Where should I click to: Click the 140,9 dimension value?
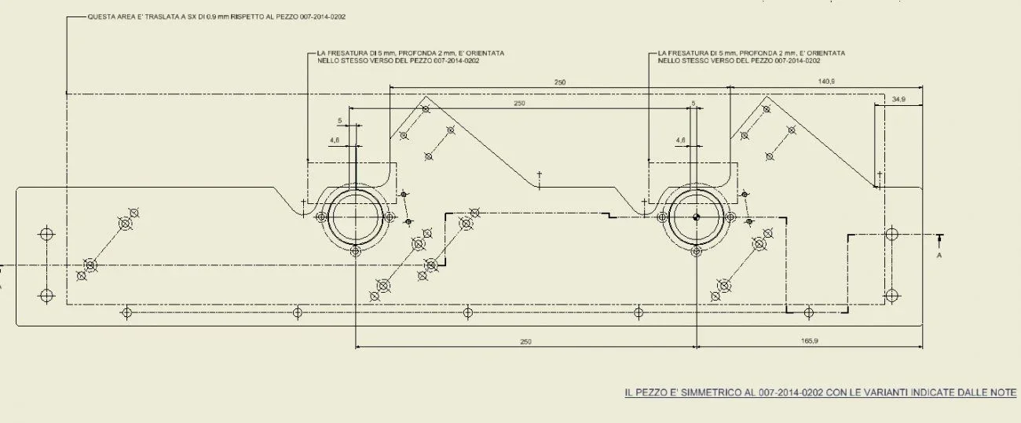point(826,82)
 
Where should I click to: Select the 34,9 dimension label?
point(898,99)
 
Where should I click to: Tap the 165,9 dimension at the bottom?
point(810,341)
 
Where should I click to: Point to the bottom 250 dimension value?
point(525,341)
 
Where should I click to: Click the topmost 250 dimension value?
point(560,82)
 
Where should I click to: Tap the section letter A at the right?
point(939,255)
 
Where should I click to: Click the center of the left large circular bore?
point(356,217)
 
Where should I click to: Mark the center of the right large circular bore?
point(696,217)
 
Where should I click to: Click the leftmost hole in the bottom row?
point(126,313)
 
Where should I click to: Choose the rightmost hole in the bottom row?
point(809,313)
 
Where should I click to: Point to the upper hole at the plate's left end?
point(46,234)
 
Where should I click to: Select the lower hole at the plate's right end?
point(891,296)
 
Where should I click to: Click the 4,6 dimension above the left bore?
point(335,140)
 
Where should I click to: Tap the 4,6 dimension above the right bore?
point(680,140)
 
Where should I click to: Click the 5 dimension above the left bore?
point(339,121)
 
